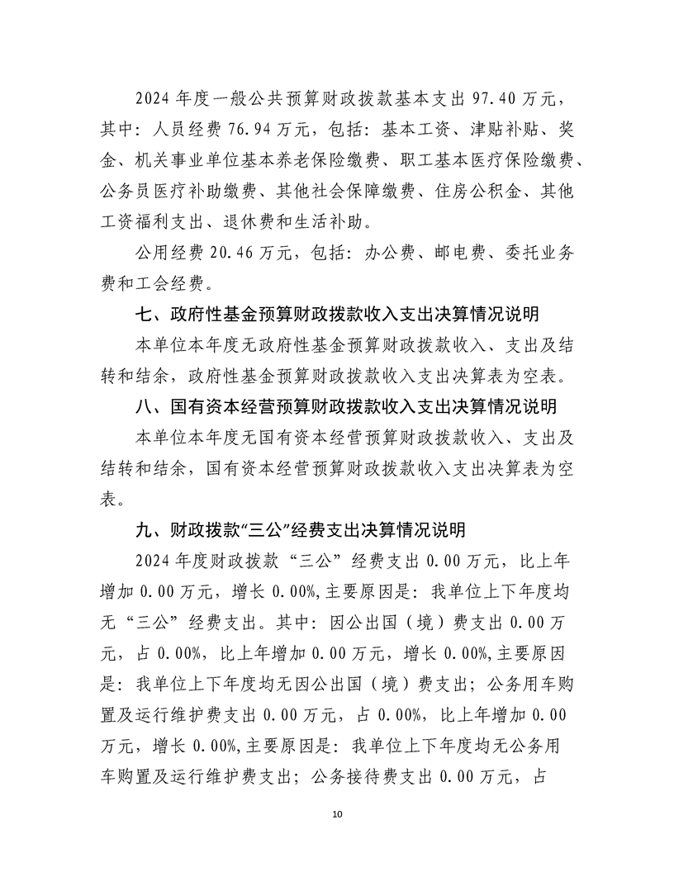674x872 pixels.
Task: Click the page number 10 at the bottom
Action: [336, 814]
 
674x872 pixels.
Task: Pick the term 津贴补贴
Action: [501, 130]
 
